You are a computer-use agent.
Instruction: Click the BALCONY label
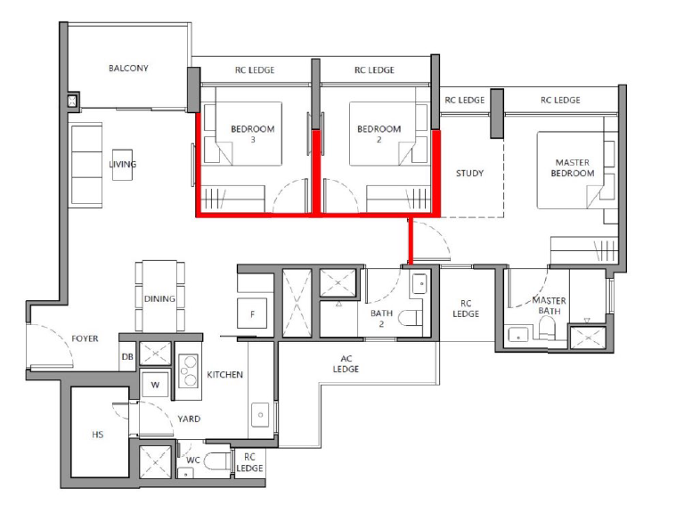pos(128,68)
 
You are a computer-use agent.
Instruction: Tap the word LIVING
pos(123,164)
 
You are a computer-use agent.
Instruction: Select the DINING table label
pos(159,299)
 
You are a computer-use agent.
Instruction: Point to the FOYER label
pos(85,338)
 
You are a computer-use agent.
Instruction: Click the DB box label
pos(127,357)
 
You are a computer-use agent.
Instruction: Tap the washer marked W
pos(155,385)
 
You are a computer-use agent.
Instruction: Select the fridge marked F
pos(252,313)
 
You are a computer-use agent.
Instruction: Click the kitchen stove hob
pos(189,370)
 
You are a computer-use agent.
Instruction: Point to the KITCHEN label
pos(224,375)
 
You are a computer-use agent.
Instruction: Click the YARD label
pos(189,419)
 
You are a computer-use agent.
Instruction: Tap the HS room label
pos(98,435)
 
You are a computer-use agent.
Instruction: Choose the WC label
pos(192,460)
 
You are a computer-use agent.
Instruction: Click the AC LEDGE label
pos(346,364)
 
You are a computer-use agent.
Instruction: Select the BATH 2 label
pos(382,319)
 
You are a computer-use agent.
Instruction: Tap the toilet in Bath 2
pos(411,318)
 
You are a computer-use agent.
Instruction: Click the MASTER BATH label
pos(550,305)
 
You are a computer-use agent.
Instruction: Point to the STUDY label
pos(470,174)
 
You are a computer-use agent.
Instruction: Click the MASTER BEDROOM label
pos(573,168)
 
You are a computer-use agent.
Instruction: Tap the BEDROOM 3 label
pos(253,134)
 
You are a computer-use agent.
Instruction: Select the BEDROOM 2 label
pos(379,134)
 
